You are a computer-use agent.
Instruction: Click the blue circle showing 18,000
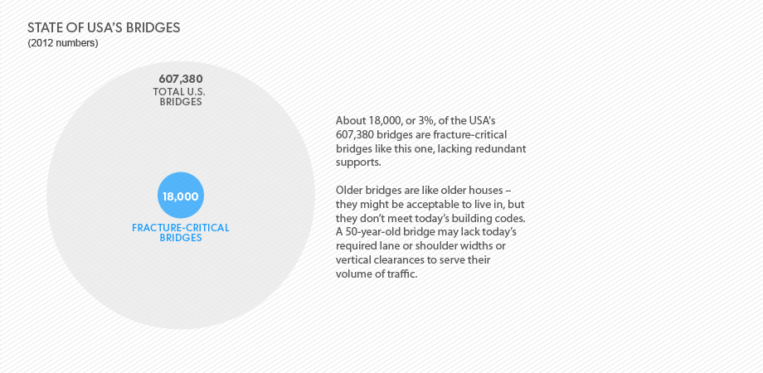(181, 195)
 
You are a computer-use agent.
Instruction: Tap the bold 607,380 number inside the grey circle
(181, 79)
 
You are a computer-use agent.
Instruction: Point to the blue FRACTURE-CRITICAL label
(181, 228)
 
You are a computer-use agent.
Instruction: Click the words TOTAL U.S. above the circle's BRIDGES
(179, 91)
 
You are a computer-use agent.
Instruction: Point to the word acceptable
(414, 203)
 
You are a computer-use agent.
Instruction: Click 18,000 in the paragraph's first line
(381, 121)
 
